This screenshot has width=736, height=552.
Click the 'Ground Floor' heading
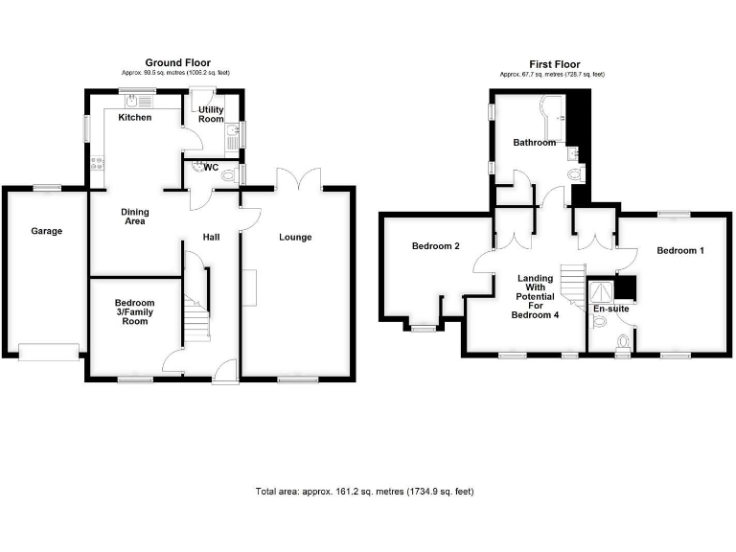pyautogui.click(x=177, y=63)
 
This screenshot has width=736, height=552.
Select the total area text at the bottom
pyautogui.click(x=364, y=492)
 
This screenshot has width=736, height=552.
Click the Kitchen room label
pyautogui.click(x=134, y=118)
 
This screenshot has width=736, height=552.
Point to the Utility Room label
pyautogui.click(x=211, y=114)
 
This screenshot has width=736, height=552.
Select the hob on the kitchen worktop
pyautogui.click(x=96, y=163)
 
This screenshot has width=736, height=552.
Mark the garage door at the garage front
pyautogui.click(x=48, y=352)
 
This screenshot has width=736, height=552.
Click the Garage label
pyautogui.click(x=46, y=231)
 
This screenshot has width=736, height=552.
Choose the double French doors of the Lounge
pyautogui.click(x=297, y=178)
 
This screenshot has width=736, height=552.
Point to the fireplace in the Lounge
pyautogui.click(x=249, y=287)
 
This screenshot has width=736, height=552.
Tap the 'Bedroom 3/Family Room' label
pyautogui.click(x=134, y=312)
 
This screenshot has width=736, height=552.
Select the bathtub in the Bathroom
pyautogui.click(x=552, y=115)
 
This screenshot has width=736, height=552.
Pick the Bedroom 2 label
pyautogui.click(x=435, y=246)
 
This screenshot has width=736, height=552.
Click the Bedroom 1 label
pyautogui.click(x=680, y=251)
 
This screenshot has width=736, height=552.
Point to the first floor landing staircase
pyautogui.click(x=572, y=285)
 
